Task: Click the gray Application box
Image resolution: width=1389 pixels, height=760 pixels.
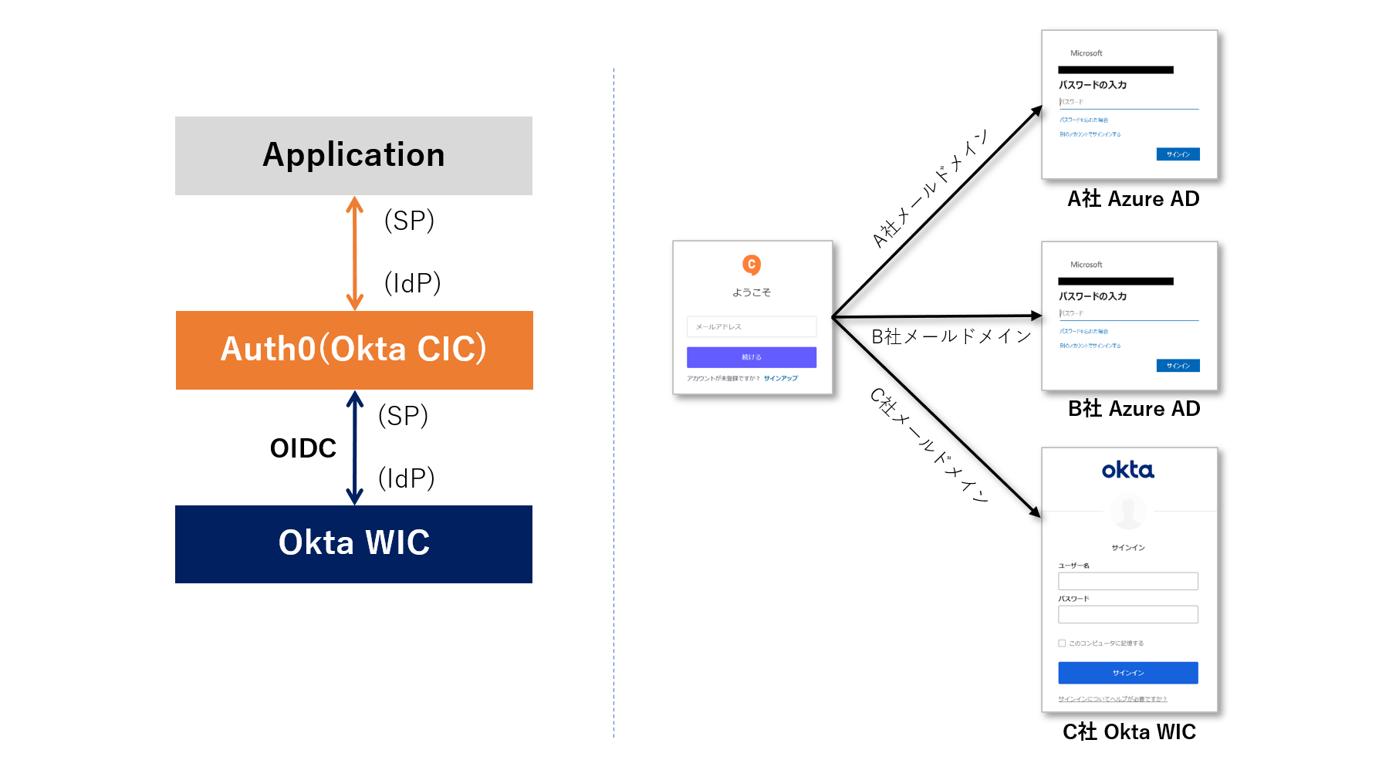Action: click(x=353, y=155)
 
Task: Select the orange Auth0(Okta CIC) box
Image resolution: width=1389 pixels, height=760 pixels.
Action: click(x=353, y=350)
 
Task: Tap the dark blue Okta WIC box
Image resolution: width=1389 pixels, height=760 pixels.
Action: click(x=353, y=543)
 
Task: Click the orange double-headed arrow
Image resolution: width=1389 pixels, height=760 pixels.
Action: click(x=354, y=253)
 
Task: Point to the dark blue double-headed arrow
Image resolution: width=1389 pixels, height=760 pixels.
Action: click(x=354, y=448)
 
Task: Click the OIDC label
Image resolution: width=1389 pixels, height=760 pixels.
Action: click(x=303, y=448)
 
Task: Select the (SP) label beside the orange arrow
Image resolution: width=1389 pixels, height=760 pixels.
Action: click(x=409, y=221)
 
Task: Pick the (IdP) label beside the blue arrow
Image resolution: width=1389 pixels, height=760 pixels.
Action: click(x=406, y=478)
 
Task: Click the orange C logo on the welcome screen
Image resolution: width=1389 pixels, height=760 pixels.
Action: click(x=752, y=265)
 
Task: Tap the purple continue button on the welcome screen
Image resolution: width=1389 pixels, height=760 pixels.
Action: click(x=751, y=357)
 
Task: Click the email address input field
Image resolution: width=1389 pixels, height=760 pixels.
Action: click(x=751, y=326)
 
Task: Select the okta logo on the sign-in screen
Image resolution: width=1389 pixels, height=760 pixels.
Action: click(x=1127, y=470)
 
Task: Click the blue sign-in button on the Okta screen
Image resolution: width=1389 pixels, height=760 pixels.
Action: click(x=1127, y=673)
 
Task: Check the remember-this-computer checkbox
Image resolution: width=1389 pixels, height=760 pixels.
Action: click(x=1062, y=643)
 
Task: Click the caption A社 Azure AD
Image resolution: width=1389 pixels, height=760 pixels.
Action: click(x=1133, y=199)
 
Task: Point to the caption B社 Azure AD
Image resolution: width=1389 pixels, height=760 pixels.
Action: click(x=1134, y=409)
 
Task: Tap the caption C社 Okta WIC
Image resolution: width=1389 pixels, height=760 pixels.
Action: click(x=1129, y=731)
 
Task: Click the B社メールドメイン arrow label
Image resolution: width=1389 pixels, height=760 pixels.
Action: click(x=951, y=336)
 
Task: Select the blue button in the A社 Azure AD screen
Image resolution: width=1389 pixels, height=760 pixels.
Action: click(x=1178, y=154)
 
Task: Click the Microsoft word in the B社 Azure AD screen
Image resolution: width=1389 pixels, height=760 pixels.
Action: click(x=1086, y=265)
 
